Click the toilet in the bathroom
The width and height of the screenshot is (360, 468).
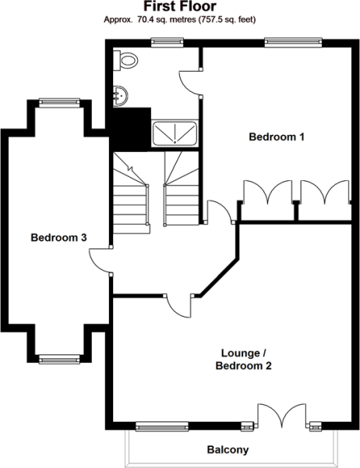pos(125,60)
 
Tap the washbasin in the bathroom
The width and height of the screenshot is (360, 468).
pos(121,96)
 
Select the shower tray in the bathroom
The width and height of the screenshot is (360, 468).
pos(175,133)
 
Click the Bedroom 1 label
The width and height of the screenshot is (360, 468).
pos(277,137)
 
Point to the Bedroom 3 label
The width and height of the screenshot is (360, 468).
pos(58,238)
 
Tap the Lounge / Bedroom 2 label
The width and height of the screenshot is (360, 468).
pos(243,360)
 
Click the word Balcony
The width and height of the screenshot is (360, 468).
pos(228,449)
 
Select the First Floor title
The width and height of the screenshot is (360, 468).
pos(180,6)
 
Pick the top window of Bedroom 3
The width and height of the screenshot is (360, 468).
pos(59,102)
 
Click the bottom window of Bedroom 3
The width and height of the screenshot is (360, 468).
pos(59,359)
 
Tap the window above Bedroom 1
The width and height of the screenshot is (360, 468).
pos(294,42)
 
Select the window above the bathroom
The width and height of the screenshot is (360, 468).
pos(167,42)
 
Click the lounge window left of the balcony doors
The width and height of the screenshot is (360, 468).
pos(162,426)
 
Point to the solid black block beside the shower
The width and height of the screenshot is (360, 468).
pos(130,129)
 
